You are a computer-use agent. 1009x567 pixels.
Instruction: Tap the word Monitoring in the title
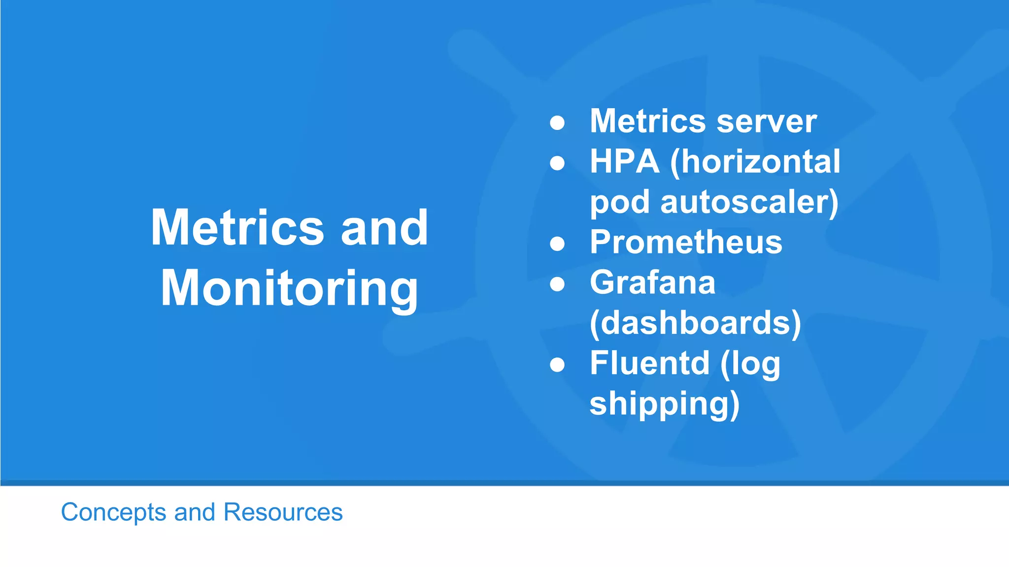click(x=289, y=289)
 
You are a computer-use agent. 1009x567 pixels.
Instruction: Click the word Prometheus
click(x=686, y=242)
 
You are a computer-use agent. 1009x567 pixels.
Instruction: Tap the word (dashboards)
click(x=695, y=323)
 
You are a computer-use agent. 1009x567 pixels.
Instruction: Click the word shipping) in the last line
click(x=665, y=404)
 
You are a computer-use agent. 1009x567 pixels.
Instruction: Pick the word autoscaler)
click(x=749, y=202)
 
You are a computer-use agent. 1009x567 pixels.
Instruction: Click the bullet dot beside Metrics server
click(x=557, y=123)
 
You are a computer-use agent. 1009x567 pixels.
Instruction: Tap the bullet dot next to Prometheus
click(x=557, y=244)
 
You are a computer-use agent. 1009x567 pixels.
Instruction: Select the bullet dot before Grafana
click(x=557, y=284)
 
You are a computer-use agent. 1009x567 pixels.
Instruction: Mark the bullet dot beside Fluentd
click(x=557, y=365)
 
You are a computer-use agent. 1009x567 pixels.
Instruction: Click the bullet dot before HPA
click(x=557, y=163)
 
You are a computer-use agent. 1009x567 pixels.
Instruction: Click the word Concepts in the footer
click(x=113, y=512)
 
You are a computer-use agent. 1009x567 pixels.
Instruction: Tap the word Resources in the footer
click(x=283, y=512)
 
